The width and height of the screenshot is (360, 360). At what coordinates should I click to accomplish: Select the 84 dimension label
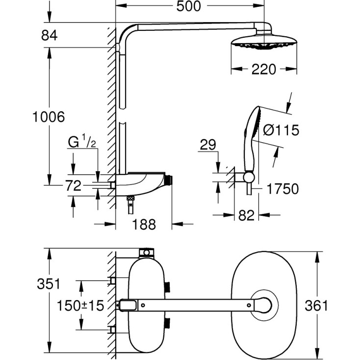[50, 35]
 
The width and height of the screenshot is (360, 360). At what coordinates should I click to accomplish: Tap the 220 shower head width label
[264, 70]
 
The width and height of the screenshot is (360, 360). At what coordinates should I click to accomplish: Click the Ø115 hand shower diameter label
[281, 130]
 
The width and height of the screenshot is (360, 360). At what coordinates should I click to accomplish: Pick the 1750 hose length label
[282, 189]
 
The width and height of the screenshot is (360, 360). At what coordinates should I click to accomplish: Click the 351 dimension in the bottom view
[50, 283]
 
